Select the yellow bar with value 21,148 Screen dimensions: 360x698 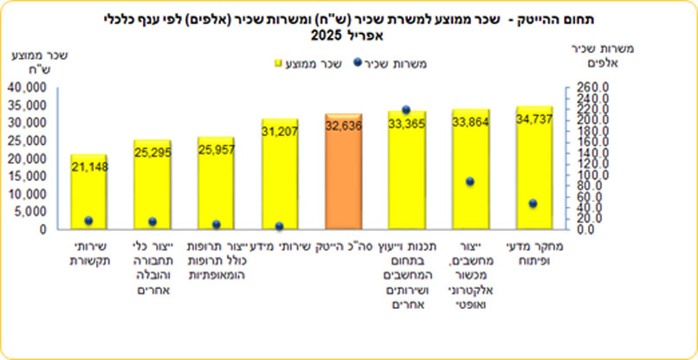(x=88, y=195)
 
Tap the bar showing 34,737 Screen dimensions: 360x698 (x=533, y=169)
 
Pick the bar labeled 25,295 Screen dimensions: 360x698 (x=152, y=186)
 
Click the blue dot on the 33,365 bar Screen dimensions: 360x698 (x=405, y=111)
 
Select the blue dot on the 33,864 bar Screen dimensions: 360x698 (x=469, y=182)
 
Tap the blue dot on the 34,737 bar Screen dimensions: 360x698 (x=533, y=203)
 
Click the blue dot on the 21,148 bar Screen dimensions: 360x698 (x=88, y=221)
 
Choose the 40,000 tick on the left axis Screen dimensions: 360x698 (x=30, y=88)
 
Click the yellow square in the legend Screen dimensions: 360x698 (x=279, y=62)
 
